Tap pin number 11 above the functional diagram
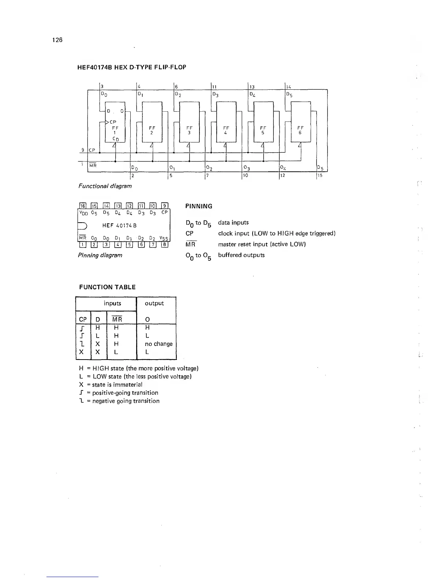pyautogui.click(x=215, y=87)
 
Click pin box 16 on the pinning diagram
pyautogui.click(x=82, y=206)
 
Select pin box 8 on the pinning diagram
pyautogui.click(x=164, y=245)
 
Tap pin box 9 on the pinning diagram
pyautogui.click(x=164, y=206)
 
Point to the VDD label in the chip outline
pyautogui.click(x=83, y=212)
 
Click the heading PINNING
pyautogui.click(x=199, y=206)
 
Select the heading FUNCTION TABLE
pyautogui.click(x=107, y=287)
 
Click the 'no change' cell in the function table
pyautogui.click(x=158, y=344)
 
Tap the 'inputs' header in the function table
pyautogui.click(x=112, y=303)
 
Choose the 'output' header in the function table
pyautogui.click(x=154, y=303)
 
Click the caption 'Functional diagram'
pyautogui.click(x=105, y=186)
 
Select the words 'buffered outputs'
pyautogui.click(x=241, y=255)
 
